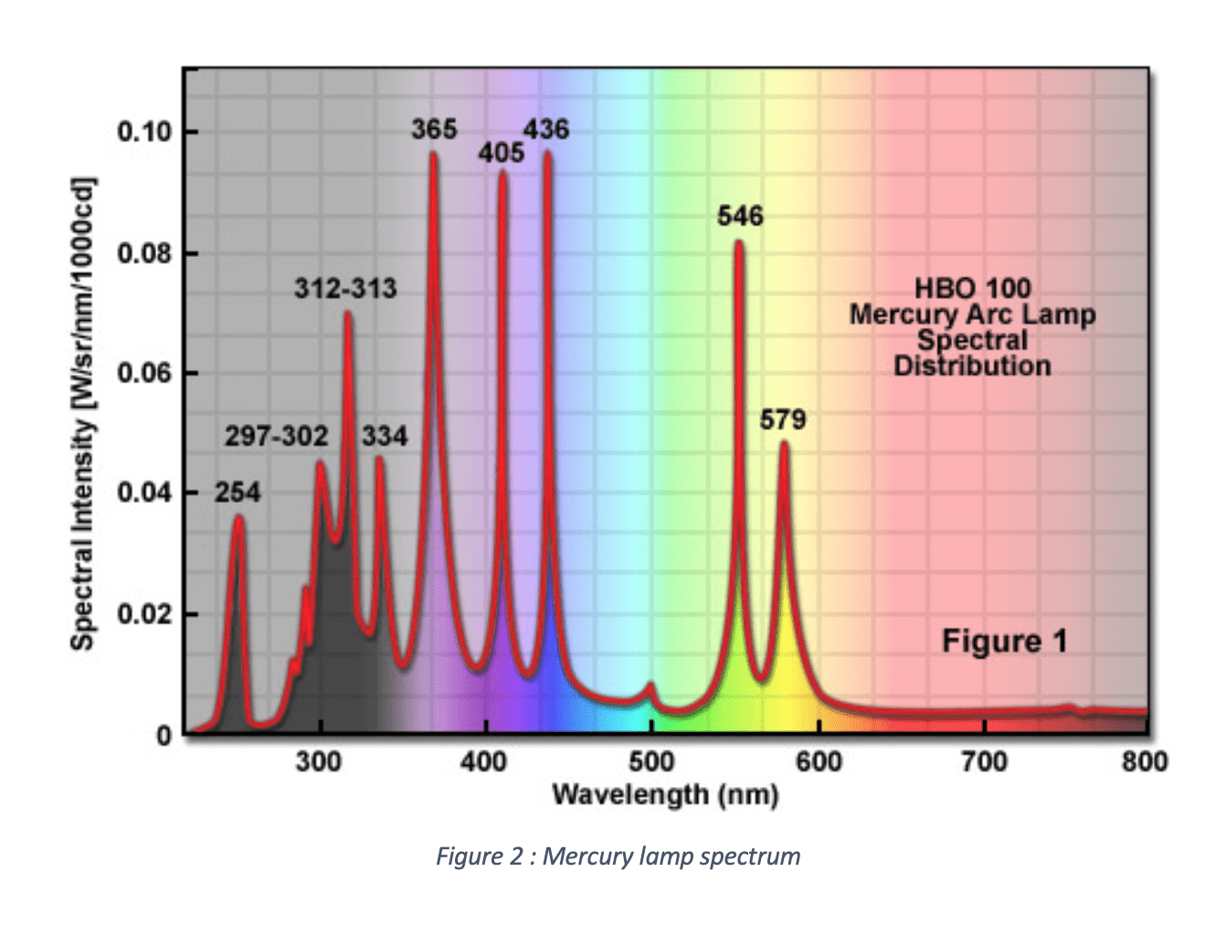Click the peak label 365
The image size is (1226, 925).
[x=433, y=129]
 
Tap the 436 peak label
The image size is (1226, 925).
[x=545, y=129]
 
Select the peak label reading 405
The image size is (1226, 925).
[x=501, y=153]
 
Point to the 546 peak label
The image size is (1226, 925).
[x=739, y=216]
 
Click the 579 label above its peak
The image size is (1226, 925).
[x=782, y=420]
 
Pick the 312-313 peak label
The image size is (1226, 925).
[x=345, y=289]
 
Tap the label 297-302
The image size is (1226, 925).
[x=276, y=436]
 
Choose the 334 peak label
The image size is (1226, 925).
[x=384, y=436]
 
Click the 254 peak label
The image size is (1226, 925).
[x=238, y=493]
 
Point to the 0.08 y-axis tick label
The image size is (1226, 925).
[x=144, y=253]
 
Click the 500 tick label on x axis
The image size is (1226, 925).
[x=650, y=761]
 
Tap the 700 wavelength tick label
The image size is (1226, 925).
[x=984, y=761]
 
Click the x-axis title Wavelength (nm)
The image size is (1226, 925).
[x=665, y=794]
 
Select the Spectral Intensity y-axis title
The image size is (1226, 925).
[x=82, y=413]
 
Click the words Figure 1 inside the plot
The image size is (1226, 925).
[x=1004, y=642]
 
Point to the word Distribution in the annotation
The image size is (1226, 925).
[x=972, y=367]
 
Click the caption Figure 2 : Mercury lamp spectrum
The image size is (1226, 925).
[x=618, y=856]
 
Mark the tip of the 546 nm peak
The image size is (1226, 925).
[x=738, y=243]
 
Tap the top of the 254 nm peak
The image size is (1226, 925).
[x=238, y=518]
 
